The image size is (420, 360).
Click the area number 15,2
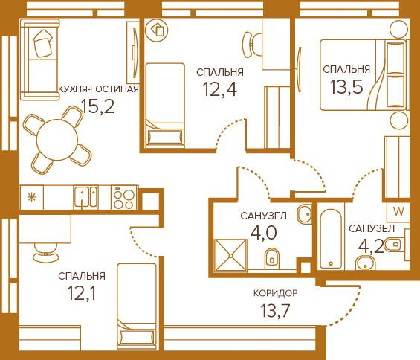[x=98, y=106]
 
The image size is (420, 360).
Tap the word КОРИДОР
[x=274, y=293]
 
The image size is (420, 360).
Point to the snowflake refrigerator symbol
[x=32, y=198]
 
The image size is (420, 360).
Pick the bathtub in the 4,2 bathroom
[x=331, y=237]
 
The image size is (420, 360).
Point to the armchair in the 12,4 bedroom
[x=158, y=30]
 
